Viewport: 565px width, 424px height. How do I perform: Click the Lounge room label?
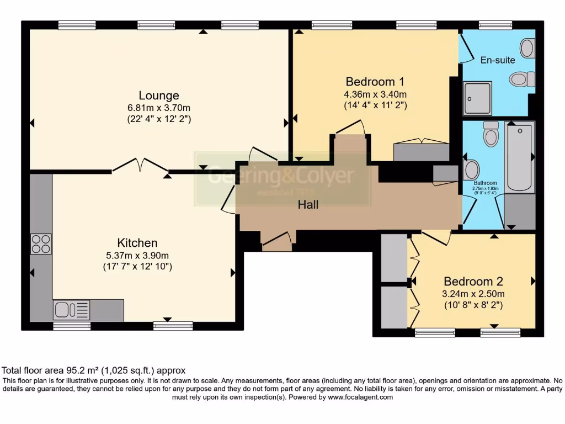(x=159, y=95)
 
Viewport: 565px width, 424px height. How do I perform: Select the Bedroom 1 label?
(x=375, y=81)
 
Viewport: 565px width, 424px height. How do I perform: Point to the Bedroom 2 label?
(x=473, y=280)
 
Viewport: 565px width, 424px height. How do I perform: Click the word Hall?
(x=308, y=204)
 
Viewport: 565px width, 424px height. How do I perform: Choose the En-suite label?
(x=498, y=60)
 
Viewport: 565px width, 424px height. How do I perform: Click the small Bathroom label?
(x=486, y=183)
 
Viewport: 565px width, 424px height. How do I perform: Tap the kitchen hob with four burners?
(x=41, y=243)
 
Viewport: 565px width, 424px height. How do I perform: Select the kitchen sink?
(x=72, y=310)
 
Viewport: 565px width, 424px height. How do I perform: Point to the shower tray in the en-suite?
(x=477, y=98)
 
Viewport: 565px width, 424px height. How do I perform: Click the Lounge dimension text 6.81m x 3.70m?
(x=159, y=107)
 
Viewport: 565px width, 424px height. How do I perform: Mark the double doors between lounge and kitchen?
(x=141, y=165)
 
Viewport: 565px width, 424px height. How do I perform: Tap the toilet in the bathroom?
(x=491, y=133)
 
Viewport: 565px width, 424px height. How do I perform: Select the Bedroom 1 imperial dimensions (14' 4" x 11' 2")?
(x=375, y=105)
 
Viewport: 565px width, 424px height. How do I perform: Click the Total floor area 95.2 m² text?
(x=94, y=370)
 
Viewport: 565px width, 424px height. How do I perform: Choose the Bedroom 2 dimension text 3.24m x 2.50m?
(x=473, y=293)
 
